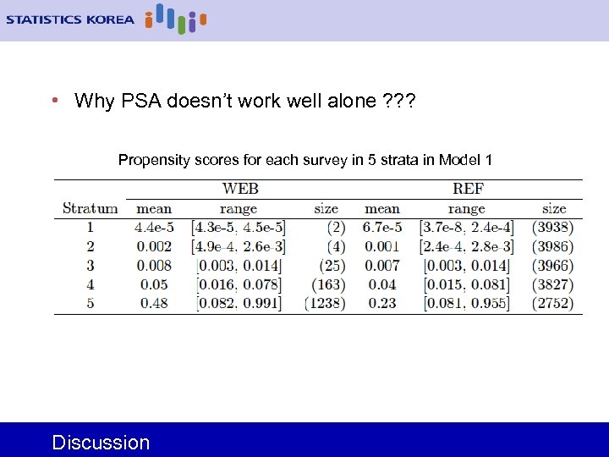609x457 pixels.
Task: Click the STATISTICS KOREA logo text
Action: tap(69, 19)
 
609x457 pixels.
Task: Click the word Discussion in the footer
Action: tap(101, 442)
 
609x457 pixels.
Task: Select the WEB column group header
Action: tap(240, 189)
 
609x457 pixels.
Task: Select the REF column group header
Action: tap(468, 189)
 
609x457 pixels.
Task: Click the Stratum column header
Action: tap(90, 208)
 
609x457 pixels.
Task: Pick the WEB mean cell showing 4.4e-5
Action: tap(154, 228)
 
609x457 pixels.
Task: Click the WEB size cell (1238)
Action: tap(325, 303)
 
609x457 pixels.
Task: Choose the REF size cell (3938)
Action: tap(553, 228)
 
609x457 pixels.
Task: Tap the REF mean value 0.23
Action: tap(382, 303)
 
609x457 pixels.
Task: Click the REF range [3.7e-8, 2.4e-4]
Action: tap(466, 228)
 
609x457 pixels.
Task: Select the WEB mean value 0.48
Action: tap(154, 303)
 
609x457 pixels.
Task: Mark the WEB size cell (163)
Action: tap(327, 284)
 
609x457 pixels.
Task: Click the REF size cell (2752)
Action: tap(553, 303)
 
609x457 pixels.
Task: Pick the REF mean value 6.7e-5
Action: tap(382, 228)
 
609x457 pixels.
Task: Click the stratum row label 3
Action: tap(90, 266)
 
